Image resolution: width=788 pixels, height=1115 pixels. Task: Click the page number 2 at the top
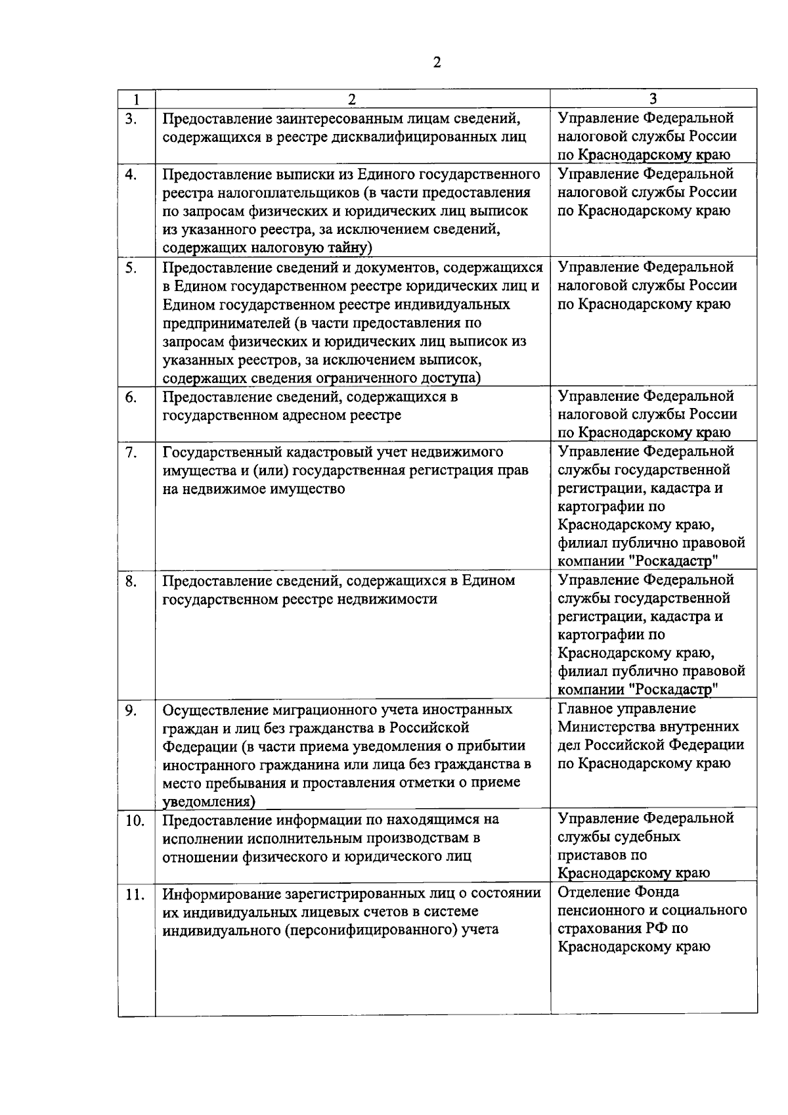(437, 62)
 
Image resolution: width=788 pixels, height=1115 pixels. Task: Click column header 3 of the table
(653, 99)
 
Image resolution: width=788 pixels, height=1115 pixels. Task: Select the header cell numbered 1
(136, 99)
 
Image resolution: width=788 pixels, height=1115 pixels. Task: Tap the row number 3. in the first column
(131, 119)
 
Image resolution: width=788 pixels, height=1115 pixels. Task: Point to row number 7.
(131, 452)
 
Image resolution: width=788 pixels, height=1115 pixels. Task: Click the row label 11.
(135, 894)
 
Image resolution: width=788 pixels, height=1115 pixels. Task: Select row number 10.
(135, 821)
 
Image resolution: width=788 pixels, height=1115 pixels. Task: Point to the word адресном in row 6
(309, 415)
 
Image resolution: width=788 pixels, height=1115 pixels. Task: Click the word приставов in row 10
(594, 855)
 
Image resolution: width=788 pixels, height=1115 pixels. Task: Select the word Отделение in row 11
(590, 892)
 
